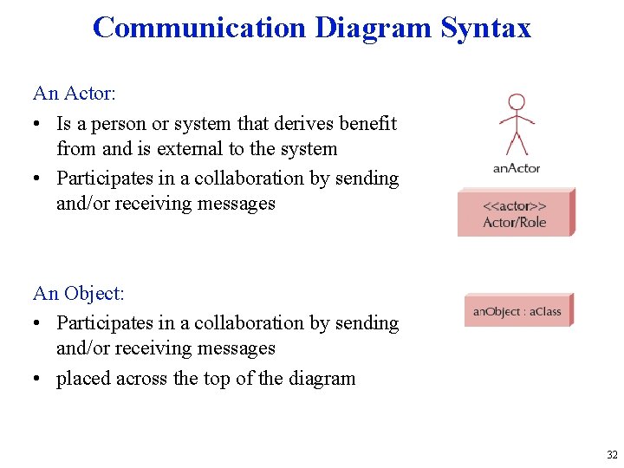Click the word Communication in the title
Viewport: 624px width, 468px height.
pyautogui.click(x=199, y=28)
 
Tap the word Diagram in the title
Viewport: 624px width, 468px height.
pyautogui.click(x=373, y=28)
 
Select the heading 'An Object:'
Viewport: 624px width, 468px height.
pyautogui.click(x=79, y=294)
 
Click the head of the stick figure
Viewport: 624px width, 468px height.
pyautogui.click(x=517, y=101)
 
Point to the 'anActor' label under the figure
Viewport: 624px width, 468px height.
pyautogui.click(x=517, y=168)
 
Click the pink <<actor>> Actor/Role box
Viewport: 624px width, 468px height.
pyautogui.click(x=515, y=213)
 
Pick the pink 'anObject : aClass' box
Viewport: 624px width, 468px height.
pyautogui.click(x=517, y=311)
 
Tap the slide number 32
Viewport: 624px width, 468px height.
pyautogui.click(x=612, y=455)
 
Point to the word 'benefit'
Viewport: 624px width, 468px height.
pyautogui.click(x=364, y=124)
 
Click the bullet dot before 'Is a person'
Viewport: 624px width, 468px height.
pyautogui.click(x=38, y=124)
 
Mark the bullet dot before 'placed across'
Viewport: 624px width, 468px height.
pyautogui.click(x=38, y=379)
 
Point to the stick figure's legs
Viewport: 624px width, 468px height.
pyautogui.click(x=517, y=142)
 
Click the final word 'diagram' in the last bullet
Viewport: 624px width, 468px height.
pyautogui.click(x=321, y=379)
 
